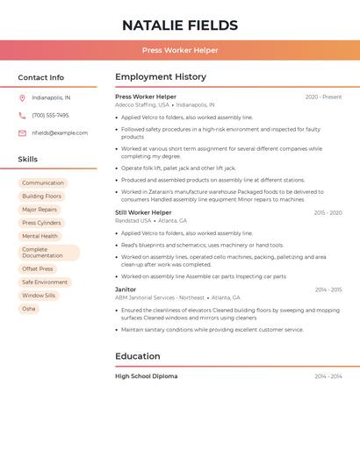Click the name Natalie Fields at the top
coord(180,25)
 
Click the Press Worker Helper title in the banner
coord(180,50)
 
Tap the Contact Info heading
coord(41,77)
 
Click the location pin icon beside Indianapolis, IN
coord(22,97)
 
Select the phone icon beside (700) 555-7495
coord(22,115)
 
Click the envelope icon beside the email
coord(22,133)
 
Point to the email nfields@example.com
coord(60,133)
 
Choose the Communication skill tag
coord(43,183)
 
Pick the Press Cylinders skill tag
coord(41,223)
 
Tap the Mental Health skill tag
coord(40,236)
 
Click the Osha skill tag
coord(29,309)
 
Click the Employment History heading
coord(161,77)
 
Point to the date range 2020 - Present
coord(323,97)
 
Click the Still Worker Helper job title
coord(143,212)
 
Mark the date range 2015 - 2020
coord(328,213)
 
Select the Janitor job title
coord(126,290)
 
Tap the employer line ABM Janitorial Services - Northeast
coord(160,297)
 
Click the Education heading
coord(138,356)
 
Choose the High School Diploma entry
coord(146,376)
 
